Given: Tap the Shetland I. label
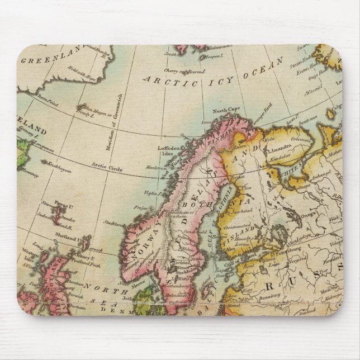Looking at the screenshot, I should (67, 236).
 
